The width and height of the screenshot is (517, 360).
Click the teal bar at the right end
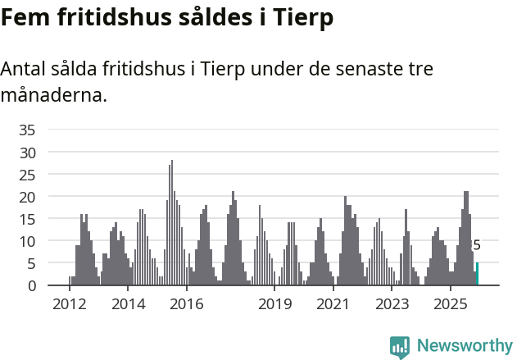coord(478,274)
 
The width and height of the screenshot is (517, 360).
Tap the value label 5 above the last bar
coord(477,245)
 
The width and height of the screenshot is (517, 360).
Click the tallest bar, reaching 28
coord(172,223)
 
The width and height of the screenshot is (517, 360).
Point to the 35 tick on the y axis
coord(27,130)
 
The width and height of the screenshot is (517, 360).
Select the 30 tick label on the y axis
coord(27,152)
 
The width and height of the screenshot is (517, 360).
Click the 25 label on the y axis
coord(27,175)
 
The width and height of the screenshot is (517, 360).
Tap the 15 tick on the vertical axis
coord(27,219)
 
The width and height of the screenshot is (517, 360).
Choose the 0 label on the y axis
coord(31,285)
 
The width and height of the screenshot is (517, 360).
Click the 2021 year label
coord(333,304)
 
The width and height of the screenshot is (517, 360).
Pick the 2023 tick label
coord(392,304)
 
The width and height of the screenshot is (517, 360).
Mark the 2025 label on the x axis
coord(451,304)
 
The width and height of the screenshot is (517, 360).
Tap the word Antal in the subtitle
coord(25,69)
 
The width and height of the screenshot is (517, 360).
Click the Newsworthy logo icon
coord(400,346)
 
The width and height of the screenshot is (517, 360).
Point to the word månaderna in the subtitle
coord(54,95)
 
